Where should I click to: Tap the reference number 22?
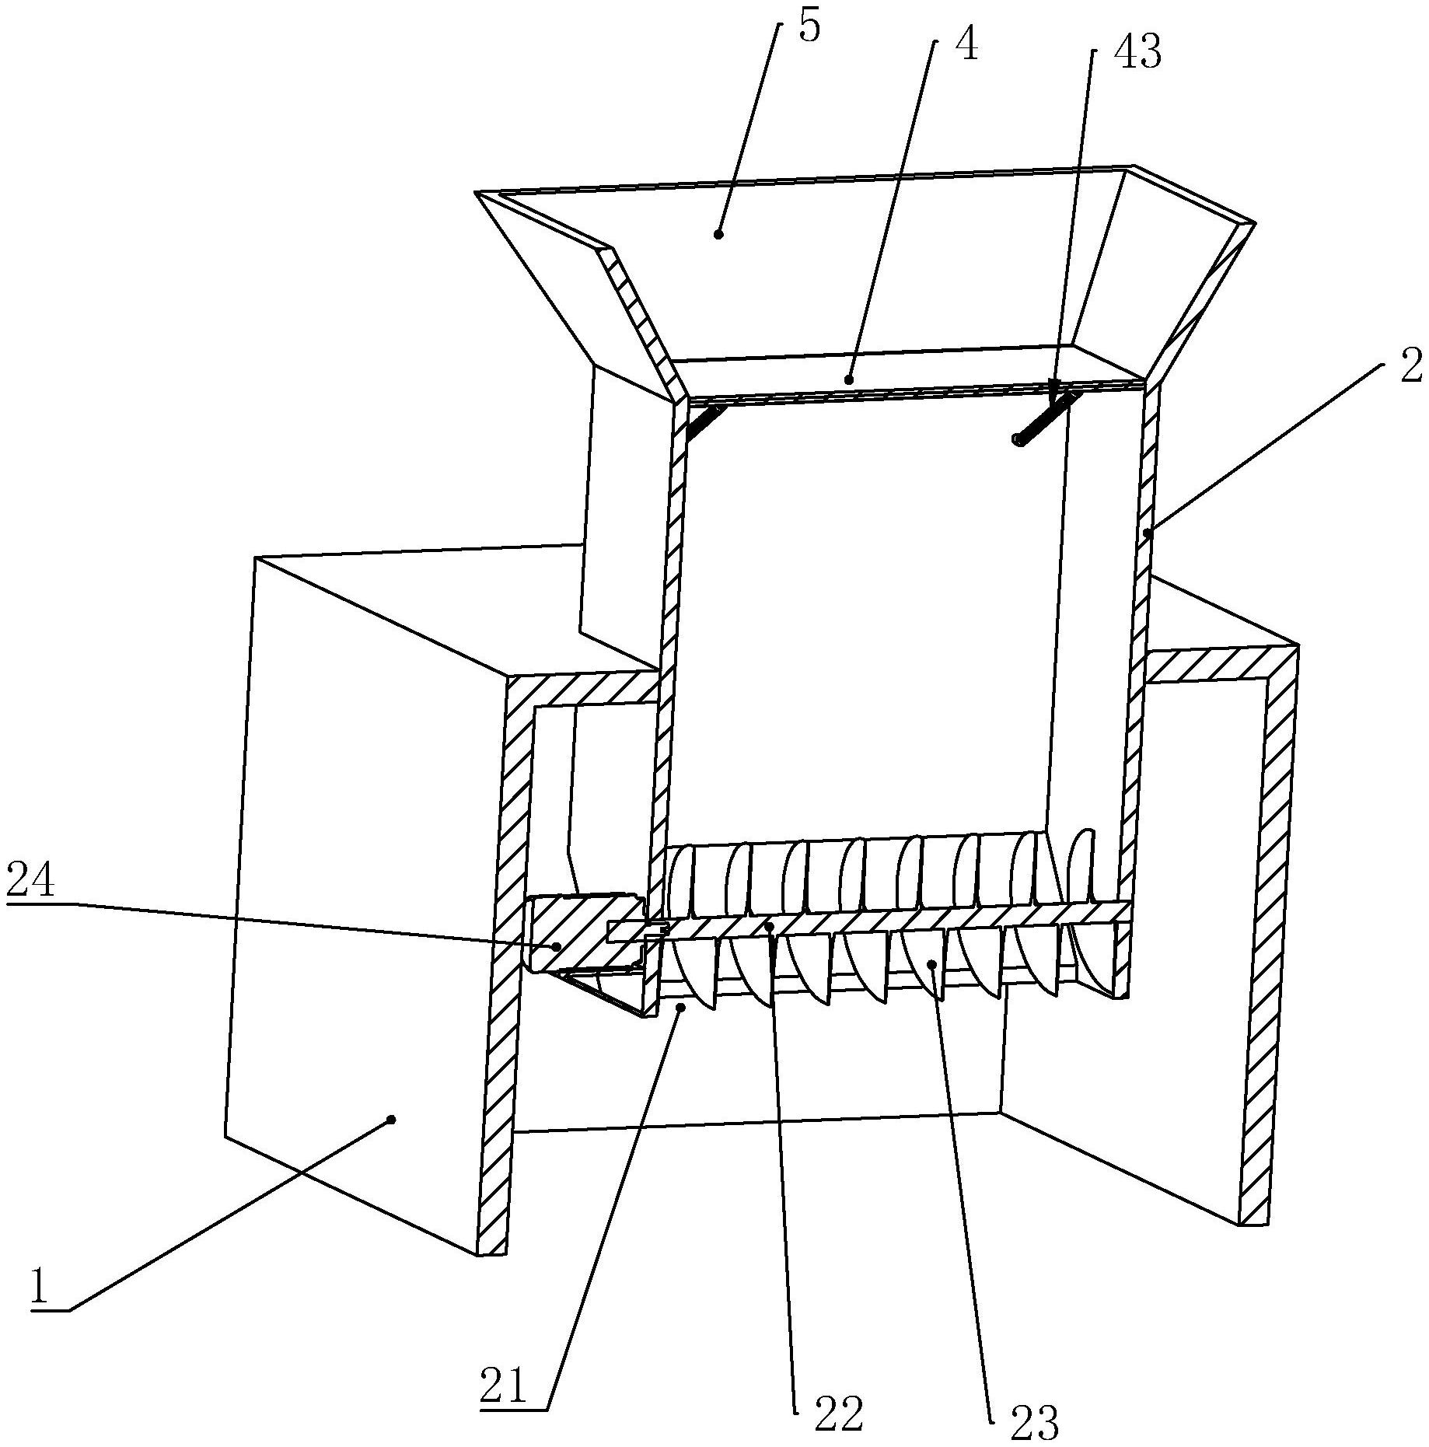click(839, 1413)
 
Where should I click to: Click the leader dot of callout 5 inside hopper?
click(718, 233)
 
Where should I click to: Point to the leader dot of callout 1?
click(391, 1119)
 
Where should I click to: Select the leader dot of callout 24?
click(557, 946)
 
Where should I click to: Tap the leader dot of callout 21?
click(680, 1007)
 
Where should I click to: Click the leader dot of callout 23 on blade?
click(932, 964)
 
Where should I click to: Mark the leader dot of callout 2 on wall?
click(1148, 533)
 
